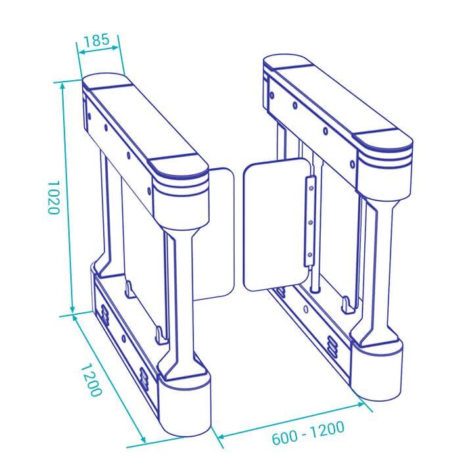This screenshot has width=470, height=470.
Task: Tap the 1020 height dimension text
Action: [x=53, y=197]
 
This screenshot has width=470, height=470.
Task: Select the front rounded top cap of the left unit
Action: [x=177, y=167]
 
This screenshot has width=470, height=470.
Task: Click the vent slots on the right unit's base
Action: [x=333, y=345]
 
